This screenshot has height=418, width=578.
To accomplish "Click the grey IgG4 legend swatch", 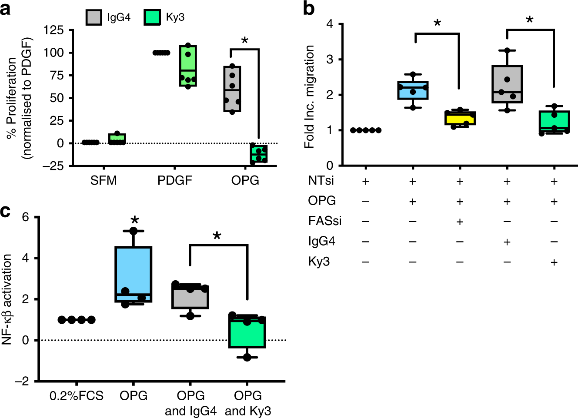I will pyautogui.click(x=94, y=17).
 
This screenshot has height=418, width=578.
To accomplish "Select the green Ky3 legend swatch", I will pyautogui.click(x=152, y=17).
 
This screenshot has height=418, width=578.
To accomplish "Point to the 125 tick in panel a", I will pyautogui.click(x=53, y=30).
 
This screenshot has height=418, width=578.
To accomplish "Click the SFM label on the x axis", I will pyautogui.click(x=104, y=180).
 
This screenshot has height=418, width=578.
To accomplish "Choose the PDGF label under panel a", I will pyautogui.click(x=174, y=180).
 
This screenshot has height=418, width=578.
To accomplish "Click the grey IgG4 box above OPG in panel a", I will pyautogui.click(x=232, y=89).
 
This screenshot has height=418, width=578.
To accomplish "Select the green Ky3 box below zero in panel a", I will pyautogui.click(x=259, y=154).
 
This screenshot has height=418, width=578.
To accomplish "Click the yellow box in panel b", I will pyautogui.click(x=460, y=118).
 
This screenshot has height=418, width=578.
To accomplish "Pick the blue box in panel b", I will pyautogui.click(x=413, y=90).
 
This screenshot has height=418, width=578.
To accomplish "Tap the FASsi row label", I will pyautogui.click(x=324, y=221).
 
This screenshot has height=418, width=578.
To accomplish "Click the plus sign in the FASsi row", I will pyautogui.click(x=460, y=222).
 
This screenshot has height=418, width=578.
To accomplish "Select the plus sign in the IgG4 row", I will pyautogui.click(x=507, y=242).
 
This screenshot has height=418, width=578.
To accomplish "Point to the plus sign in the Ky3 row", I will pyautogui.click(x=554, y=262).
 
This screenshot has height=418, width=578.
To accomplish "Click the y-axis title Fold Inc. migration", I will pyautogui.click(x=309, y=97).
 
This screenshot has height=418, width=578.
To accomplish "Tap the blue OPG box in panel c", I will pyautogui.click(x=134, y=274).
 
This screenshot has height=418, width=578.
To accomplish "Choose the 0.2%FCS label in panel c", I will pyautogui.click(x=77, y=396).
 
